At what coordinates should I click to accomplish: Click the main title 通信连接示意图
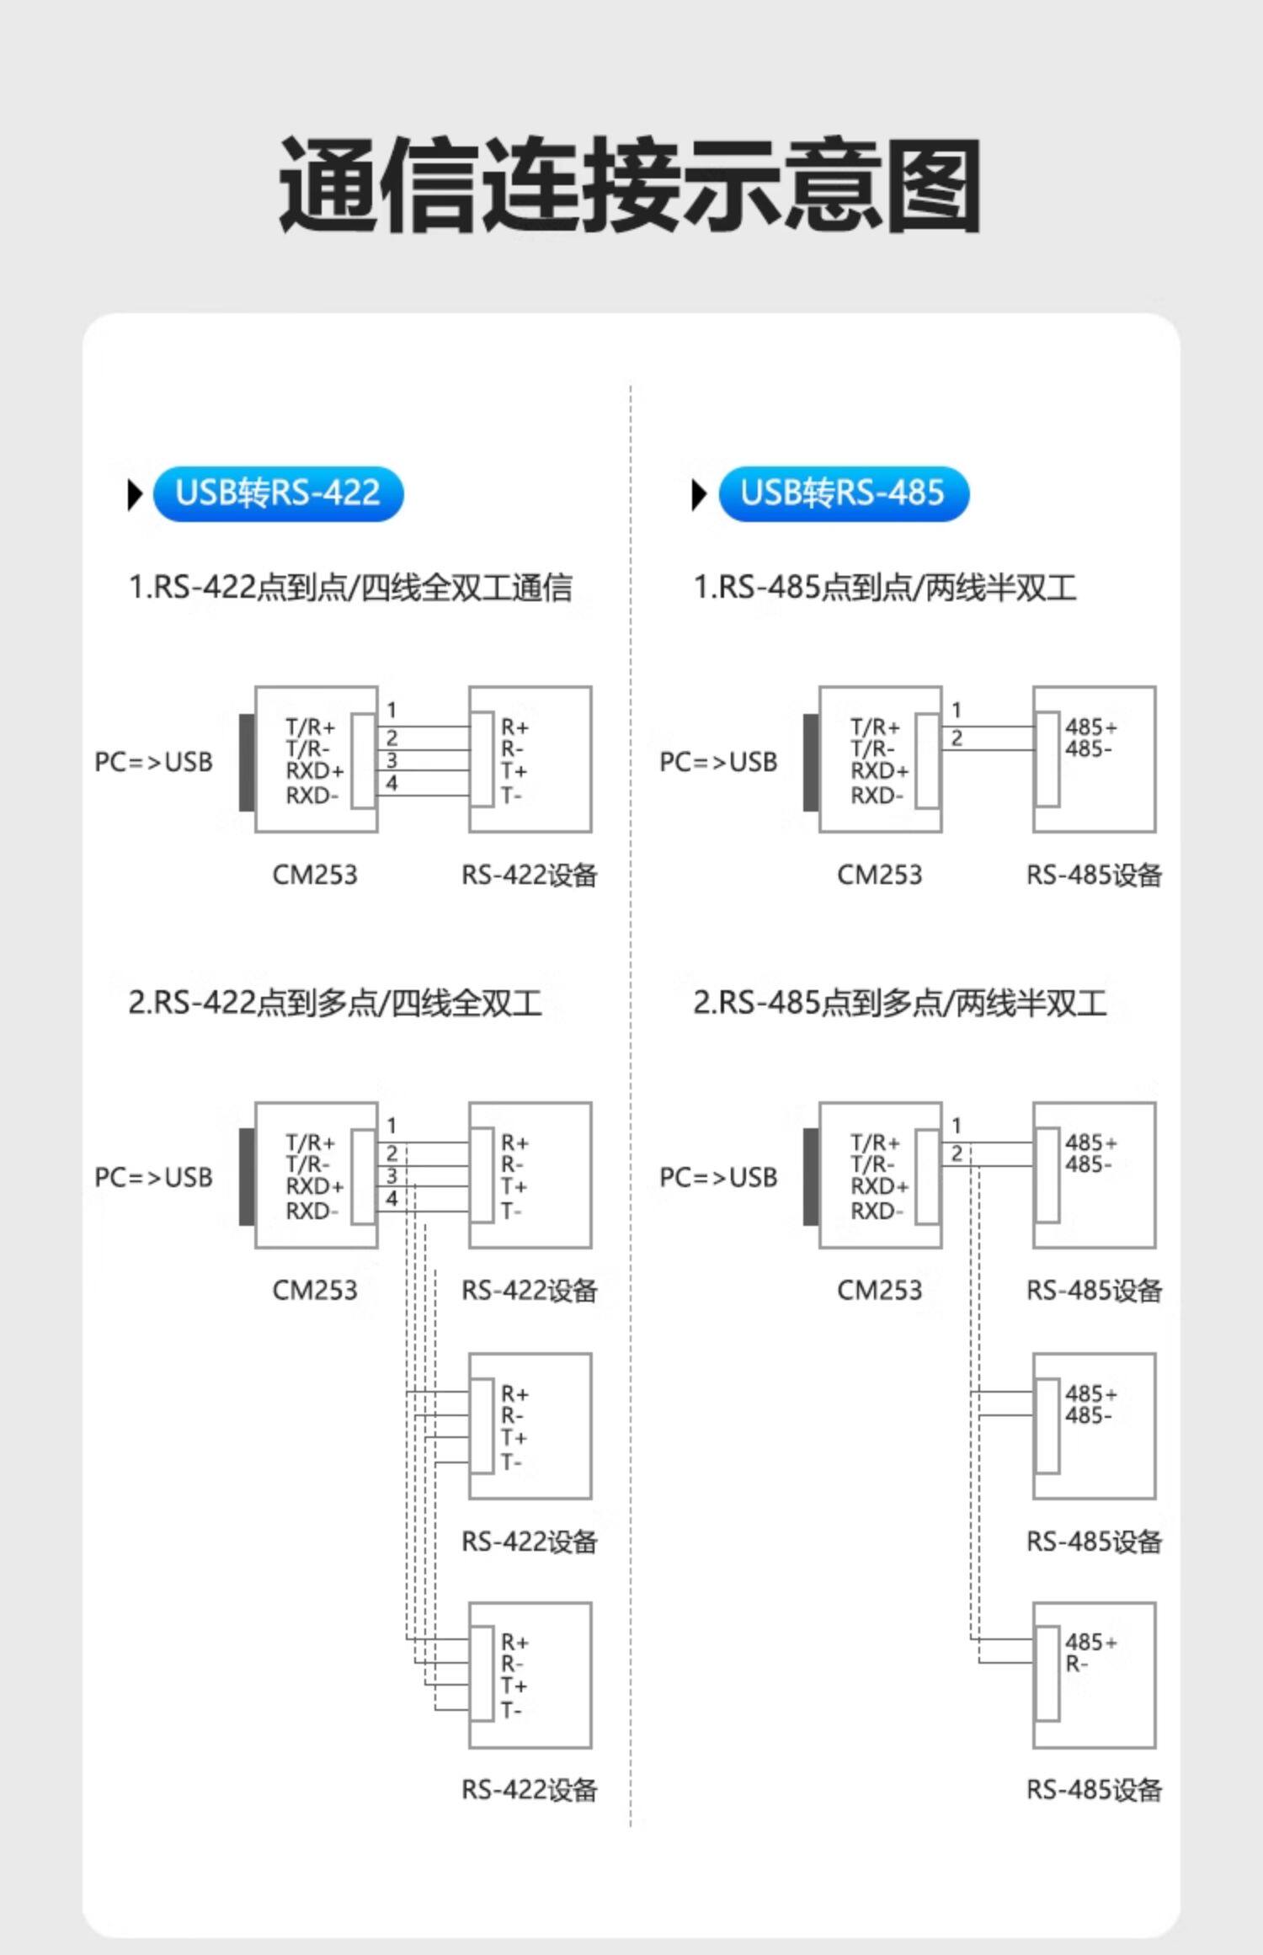point(630,185)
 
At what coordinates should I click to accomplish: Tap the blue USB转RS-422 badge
point(278,493)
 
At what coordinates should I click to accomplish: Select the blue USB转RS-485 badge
point(843,493)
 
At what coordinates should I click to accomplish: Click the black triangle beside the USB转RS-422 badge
point(135,494)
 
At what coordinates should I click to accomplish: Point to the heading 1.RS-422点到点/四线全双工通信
point(350,588)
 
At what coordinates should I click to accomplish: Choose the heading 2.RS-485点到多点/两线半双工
point(899,1003)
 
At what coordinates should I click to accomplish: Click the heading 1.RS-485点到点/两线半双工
point(885,588)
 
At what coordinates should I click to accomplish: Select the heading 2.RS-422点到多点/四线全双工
point(334,1003)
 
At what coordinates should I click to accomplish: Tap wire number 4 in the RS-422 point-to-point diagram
point(392,784)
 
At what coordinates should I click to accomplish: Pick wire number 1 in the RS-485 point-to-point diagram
point(957,711)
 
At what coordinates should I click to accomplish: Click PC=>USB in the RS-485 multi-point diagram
point(718,1177)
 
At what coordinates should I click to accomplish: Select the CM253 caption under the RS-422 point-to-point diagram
point(315,875)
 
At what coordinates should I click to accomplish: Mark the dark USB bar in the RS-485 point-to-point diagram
point(810,762)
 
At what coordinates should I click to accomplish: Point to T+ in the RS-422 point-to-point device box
point(514,771)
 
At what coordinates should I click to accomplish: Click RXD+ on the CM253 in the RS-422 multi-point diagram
point(314,1186)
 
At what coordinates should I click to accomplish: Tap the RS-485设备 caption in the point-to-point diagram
point(1094,875)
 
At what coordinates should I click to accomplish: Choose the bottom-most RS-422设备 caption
point(529,1789)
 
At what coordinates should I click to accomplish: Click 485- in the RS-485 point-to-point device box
point(1088,748)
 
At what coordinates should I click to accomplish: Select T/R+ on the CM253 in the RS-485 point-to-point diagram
point(875,727)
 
